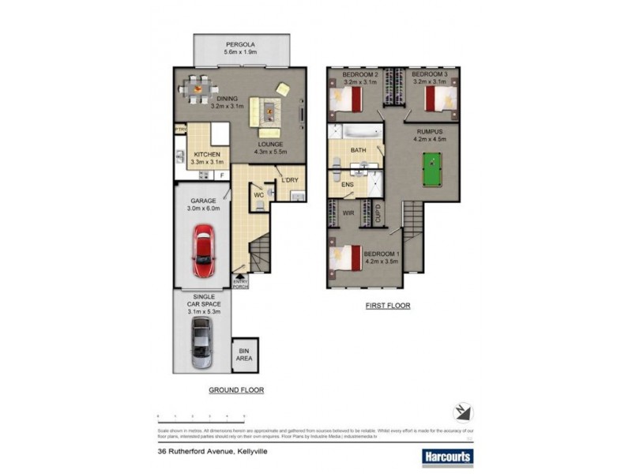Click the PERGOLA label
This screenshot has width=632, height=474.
point(241,45)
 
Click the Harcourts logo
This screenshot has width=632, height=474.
point(445,456)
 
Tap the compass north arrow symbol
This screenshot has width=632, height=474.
point(463,412)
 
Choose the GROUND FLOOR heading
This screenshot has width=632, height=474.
point(235,390)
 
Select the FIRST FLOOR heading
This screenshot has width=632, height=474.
point(387,305)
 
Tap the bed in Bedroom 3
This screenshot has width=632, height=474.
point(439,100)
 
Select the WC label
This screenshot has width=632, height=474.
point(258,194)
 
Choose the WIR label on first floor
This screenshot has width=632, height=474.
point(347,213)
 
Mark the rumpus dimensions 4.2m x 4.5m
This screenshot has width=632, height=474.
point(431,139)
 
